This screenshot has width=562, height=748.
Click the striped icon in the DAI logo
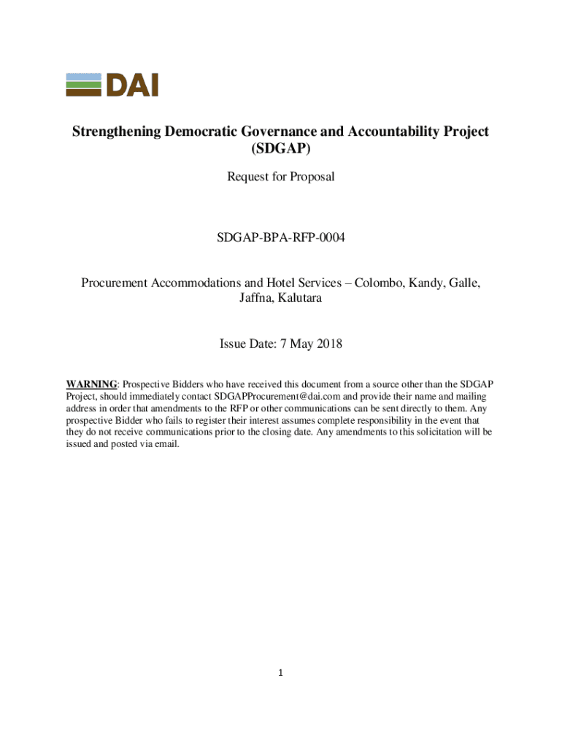[x=84, y=85]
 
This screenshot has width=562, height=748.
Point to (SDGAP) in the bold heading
[x=280, y=151]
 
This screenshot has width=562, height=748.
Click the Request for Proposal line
[x=280, y=176]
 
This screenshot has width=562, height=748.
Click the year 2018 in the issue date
[x=328, y=344]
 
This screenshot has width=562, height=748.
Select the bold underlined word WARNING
[x=91, y=384]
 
